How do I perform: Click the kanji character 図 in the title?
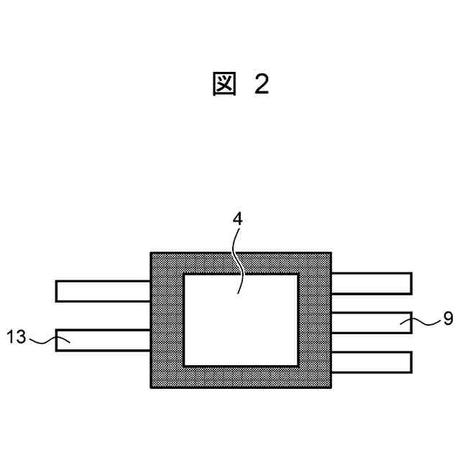pos(225,84)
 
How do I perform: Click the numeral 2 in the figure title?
pos(261,84)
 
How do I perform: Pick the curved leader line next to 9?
pos(424,322)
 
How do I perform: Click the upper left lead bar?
pos(103,291)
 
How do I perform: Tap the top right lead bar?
pos(371,283)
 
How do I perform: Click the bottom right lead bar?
pos(371,362)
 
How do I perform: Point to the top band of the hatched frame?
pos(241,263)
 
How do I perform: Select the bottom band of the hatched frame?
pos(241,377)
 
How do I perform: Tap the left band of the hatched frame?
pos(167,320)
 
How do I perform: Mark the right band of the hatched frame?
pos(315,320)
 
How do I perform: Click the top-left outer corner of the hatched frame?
pos(151,253)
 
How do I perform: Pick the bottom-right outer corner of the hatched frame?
pos(331,387)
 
